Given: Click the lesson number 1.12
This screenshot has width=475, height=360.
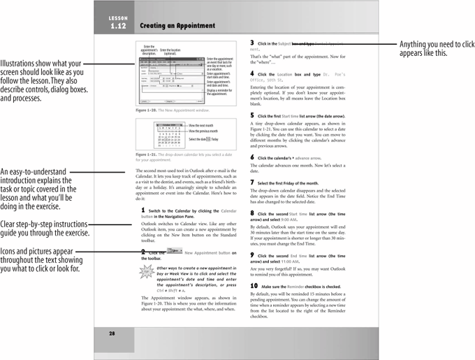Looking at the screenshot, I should point(117,26).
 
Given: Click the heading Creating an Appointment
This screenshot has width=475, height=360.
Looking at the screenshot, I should point(177,26).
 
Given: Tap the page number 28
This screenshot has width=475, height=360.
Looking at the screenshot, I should point(112,333).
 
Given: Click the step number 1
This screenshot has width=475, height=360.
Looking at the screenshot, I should point(143,210).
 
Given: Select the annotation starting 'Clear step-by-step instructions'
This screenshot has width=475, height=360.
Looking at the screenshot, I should point(45,228).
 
